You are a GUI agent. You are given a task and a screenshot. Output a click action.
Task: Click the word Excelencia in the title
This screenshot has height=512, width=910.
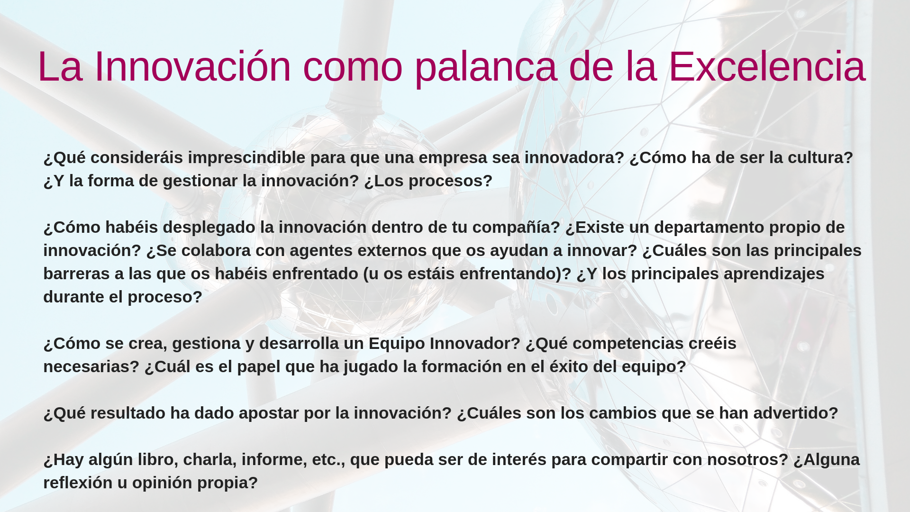click(x=767, y=66)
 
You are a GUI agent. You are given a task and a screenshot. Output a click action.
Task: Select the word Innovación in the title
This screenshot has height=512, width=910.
click(x=192, y=66)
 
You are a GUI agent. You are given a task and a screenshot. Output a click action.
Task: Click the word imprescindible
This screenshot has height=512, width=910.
click(x=246, y=158)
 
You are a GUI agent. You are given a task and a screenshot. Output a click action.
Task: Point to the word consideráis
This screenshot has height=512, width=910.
click(x=136, y=157)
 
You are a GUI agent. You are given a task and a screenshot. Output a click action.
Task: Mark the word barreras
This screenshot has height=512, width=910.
click(x=76, y=274)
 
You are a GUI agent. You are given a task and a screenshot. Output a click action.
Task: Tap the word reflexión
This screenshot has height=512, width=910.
click(x=78, y=483)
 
